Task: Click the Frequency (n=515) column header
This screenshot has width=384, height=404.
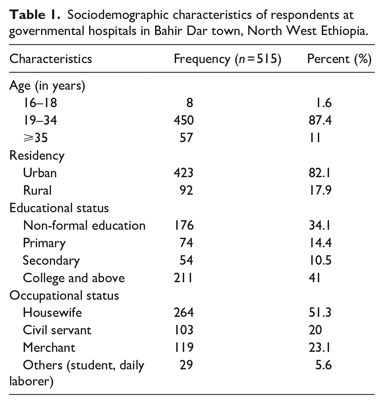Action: pyautogui.click(x=227, y=59)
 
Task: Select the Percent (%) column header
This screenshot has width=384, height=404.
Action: pyautogui.click(x=339, y=59)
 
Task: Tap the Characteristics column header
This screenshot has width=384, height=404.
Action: pyautogui.click(x=51, y=59)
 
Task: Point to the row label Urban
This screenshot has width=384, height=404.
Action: pyautogui.click(x=40, y=172)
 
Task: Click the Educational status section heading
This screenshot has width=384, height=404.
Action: pyautogui.click(x=59, y=208)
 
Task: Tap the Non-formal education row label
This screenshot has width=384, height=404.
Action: pyautogui.click(x=84, y=225)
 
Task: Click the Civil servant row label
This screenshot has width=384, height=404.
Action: pyautogui.click(x=57, y=330)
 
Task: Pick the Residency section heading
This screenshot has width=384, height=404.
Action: pyautogui.click(x=37, y=155)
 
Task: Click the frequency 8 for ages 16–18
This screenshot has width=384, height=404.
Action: pyautogui.click(x=189, y=103)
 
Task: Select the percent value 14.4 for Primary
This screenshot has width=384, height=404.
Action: pyautogui.click(x=320, y=243)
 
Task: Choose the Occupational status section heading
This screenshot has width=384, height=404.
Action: pyautogui.click(x=64, y=295)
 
